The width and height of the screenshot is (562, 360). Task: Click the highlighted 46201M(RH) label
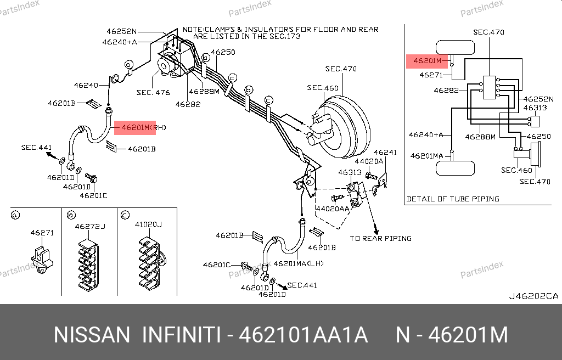[x=134, y=127]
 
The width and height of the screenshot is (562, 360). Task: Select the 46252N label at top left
[x=122, y=31]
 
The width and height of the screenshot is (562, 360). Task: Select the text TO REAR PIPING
[x=381, y=239]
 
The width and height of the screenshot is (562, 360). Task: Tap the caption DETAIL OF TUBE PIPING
[x=453, y=199]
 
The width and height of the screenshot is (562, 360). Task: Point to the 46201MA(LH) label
[x=299, y=264]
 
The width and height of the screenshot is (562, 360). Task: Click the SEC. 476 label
[x=153, y=93]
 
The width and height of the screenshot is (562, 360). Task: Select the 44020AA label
[x=332, y=209]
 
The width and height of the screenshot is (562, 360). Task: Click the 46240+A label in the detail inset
[x=426, y=134]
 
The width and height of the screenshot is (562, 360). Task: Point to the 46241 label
[x=385, y=152]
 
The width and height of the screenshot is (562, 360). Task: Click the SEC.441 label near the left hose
[x=37, y=147]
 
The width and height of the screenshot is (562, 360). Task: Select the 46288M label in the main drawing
[x=204, y=92]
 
